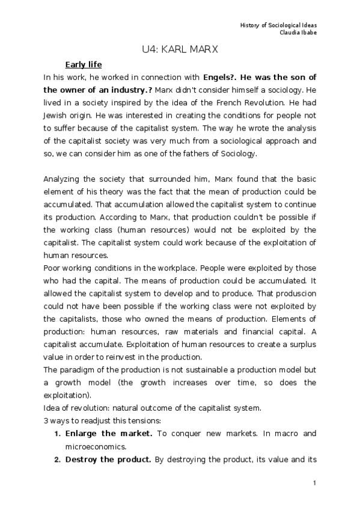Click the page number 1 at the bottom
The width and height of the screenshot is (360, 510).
(x=314, y=483)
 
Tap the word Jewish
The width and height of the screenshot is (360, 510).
(x=58, y=115)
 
